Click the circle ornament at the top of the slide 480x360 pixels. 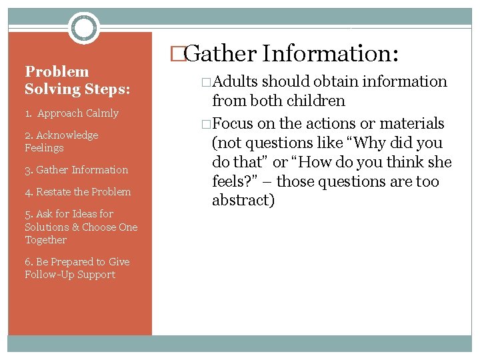click(84, 28)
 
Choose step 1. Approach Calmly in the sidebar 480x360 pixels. click(71, 113)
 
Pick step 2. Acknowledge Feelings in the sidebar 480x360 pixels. click(61, 141)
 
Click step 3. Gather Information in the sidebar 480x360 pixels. click(76, 170)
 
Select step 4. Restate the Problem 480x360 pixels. click(77, 192)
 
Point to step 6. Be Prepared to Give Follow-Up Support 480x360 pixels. click(77, 268)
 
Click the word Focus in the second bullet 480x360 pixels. click(232, 124)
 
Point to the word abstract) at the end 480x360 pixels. click(243, 201)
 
